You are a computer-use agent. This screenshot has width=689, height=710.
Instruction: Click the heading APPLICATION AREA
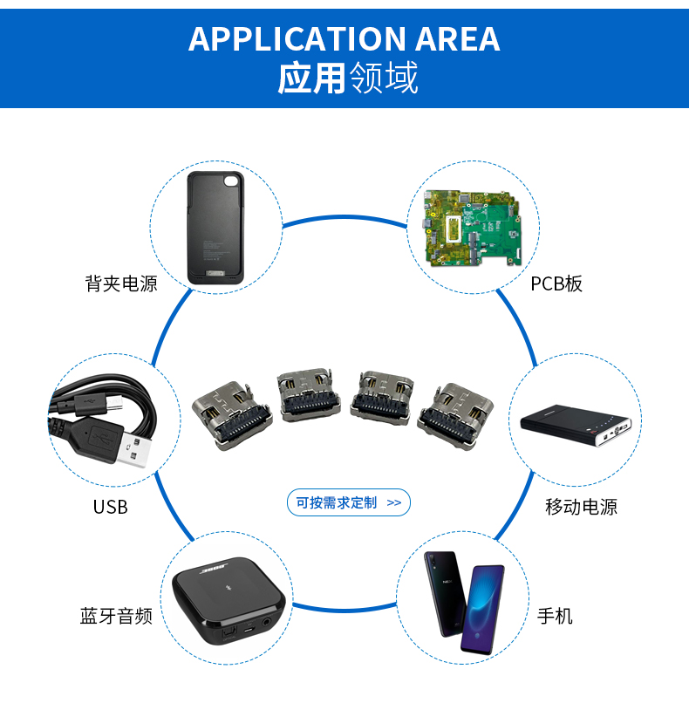pos(344,39)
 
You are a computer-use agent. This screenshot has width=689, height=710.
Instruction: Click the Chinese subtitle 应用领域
pos(347,79)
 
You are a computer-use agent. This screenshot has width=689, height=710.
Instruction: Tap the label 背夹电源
pos(121,283)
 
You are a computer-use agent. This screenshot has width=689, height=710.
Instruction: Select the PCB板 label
pos(556,283)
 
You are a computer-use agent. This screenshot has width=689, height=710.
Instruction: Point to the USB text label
pos(110,507)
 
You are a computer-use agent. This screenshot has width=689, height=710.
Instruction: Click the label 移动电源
pos(581,507)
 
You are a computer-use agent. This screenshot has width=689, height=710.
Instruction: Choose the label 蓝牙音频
pos(116,617)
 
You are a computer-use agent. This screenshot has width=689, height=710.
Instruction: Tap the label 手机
pos(555,617)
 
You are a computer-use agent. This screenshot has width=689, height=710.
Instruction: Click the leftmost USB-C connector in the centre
pos(224,411)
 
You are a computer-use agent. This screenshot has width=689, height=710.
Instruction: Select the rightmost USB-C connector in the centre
pos(454,411)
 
